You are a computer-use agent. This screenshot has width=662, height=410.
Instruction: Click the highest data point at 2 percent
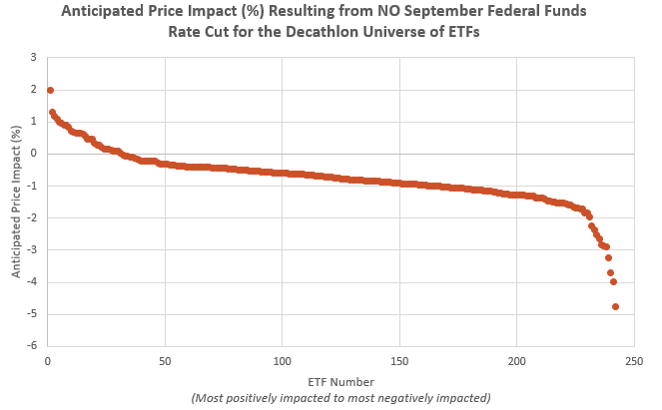[50, 90]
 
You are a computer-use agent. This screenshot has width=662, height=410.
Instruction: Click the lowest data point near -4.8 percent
[615, 306]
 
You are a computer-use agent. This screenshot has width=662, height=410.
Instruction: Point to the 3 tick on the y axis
[35, 58]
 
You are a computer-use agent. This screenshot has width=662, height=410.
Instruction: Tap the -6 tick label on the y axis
[33, 347]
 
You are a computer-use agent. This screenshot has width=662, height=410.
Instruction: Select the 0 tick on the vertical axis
[35, 154]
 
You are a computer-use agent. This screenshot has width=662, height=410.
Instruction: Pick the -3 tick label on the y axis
[33, 250]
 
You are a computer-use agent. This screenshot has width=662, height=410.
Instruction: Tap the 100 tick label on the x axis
[283, 360]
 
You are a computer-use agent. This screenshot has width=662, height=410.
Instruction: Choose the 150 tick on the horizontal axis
[399, 360]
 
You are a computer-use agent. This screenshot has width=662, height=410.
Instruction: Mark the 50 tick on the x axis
[165, 360]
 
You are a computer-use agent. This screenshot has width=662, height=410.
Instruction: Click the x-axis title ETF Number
[340, 381]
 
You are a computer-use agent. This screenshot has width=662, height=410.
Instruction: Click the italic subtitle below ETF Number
[340, 397]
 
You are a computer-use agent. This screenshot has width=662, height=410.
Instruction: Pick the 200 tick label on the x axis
[517, 360]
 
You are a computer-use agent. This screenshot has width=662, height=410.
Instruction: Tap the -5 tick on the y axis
[33, 315]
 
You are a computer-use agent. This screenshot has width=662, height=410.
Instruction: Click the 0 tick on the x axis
[48, 360]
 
